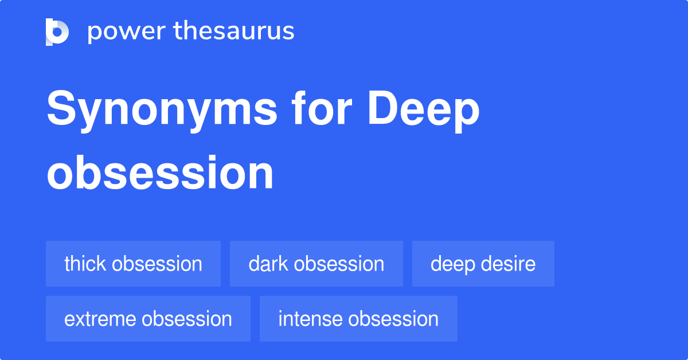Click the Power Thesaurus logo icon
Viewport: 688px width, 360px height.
57,32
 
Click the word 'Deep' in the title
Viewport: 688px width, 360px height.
424,110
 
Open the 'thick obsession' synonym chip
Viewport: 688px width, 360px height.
133,264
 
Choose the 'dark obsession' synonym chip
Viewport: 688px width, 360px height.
316,264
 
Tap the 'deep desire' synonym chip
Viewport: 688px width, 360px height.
483,264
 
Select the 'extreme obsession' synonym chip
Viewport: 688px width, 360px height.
148,319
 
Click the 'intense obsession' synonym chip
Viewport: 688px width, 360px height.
358,319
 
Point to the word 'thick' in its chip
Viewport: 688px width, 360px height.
85,264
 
